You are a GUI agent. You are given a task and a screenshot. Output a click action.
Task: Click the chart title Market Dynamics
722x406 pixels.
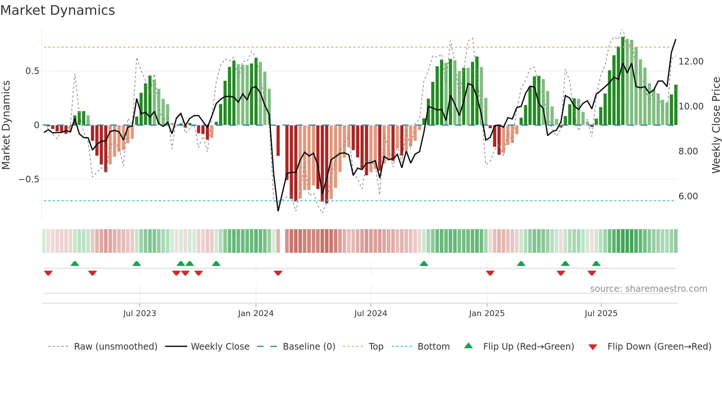(x=57, y=10)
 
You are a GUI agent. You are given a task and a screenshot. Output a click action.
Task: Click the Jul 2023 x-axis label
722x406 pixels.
(x=140, y=314)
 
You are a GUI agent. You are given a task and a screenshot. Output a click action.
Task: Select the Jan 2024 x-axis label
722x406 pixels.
(x=256, y=314)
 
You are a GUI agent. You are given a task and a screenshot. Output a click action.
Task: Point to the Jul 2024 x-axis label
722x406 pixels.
(x=371, y=314)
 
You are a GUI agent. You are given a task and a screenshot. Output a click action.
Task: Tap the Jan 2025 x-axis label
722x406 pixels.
(x=487, y=314)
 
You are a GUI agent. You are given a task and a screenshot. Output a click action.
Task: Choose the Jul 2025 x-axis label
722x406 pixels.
(x=601, y=314)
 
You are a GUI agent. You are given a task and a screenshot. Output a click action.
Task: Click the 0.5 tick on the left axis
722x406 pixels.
(x=32, y=71)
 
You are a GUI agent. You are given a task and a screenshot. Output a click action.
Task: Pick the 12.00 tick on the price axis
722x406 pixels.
(x=691, y=62)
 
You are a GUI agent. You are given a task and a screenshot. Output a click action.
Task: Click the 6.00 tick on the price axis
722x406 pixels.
(x=688, y=196)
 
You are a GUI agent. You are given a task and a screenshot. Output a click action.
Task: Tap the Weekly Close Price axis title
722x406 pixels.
(x=716, y=125)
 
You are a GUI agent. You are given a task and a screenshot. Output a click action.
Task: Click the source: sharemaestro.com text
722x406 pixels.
(x=648, y=289)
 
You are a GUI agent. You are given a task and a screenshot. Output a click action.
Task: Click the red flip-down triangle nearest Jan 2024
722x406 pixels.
(x=278, y=273)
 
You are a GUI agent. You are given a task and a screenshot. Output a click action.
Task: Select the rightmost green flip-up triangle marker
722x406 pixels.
(x=596, y=263)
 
